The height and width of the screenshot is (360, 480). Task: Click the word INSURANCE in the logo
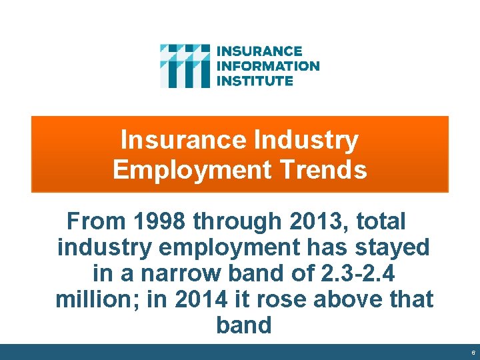(260, 51)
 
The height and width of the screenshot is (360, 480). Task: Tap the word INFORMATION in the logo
(269, 66)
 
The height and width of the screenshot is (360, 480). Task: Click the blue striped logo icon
(185, 66)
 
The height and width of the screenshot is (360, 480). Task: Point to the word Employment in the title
(193, 169)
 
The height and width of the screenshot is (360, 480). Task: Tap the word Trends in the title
(324, 169)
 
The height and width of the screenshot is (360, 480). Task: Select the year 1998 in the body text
(155, 220)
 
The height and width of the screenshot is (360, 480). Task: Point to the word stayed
(395, 247)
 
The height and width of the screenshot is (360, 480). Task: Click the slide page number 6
(473, 353)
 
